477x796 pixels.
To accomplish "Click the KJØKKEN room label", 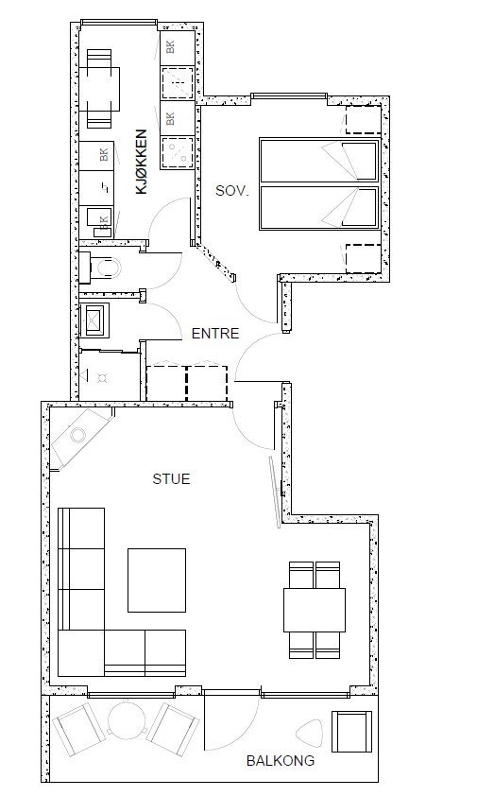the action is tap(142, 162).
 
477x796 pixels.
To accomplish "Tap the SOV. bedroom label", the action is tap(232, 191).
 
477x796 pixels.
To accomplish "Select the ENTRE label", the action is tap(215, 334).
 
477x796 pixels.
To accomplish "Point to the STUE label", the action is tap(172, 478).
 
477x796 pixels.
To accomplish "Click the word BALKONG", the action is tap(281, 760).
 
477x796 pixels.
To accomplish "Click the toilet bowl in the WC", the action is tap(108, 267).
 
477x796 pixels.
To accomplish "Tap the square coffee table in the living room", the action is tap(157, 580).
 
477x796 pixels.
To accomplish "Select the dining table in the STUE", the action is tap(315, 610).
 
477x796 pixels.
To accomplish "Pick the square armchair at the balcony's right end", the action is tap(351, 732).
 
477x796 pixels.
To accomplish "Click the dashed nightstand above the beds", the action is tap(364, 120).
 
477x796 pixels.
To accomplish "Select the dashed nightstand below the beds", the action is tap(364, 259).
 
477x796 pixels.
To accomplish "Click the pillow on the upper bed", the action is tap(360, 161).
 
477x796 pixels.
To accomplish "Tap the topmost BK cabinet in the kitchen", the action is tap(177, 47).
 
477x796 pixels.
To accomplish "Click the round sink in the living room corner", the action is tap(78, 435).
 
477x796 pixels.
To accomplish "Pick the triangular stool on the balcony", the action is tap(309, 732).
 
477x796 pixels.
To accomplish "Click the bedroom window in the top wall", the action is tap(289, 95).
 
